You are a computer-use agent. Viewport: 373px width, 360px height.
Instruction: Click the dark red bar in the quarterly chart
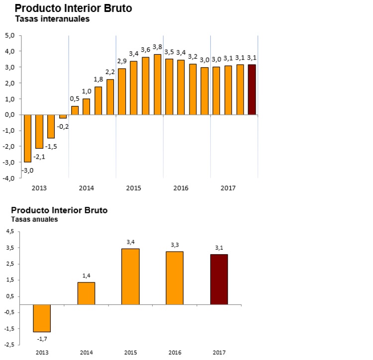pos(252,90)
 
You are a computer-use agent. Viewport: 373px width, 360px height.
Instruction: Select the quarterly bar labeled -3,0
pos(28,138)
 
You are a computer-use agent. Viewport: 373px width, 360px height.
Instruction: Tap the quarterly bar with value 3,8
pos(157,85)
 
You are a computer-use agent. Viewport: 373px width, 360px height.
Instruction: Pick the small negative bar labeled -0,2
pos(63,116)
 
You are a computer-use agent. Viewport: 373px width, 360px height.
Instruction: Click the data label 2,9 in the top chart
pos(121,61)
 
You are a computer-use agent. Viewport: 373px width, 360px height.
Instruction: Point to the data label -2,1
pos(39,157)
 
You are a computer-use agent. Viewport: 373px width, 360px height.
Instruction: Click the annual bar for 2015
pos(130,276)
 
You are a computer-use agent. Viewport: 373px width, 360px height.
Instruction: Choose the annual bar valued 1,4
pos(86,293)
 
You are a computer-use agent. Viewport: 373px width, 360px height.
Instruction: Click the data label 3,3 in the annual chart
pos(175,245)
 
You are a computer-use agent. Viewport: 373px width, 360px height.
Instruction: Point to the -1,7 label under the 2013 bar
pos(42,339)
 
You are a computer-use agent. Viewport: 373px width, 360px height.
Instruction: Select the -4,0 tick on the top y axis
pos(9,179)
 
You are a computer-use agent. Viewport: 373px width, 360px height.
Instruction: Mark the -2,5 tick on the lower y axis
pos(9,344)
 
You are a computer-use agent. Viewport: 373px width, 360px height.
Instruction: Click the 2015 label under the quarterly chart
pos(133,188)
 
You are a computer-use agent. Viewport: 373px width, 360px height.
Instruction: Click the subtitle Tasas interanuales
pos(52,19)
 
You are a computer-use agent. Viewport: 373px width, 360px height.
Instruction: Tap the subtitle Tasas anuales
pos(35,219)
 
